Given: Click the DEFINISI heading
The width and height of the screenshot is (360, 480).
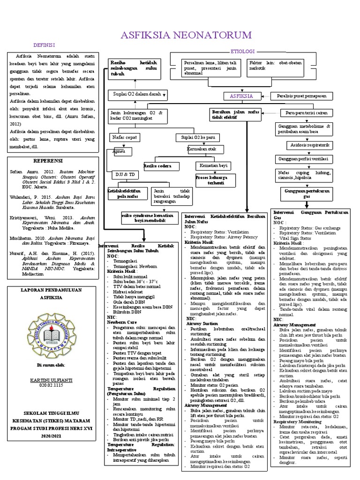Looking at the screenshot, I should click(44, 45).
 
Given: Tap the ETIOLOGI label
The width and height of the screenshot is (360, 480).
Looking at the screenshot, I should click(242, 51).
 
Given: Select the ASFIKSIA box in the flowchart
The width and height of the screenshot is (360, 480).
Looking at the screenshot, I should click(242, 96).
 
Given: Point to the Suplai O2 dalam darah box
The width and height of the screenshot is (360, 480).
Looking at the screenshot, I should click(135, 95).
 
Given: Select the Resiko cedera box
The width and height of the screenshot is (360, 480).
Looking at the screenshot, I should click(157, 166).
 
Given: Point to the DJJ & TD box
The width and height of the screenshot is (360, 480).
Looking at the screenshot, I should click(125, 174).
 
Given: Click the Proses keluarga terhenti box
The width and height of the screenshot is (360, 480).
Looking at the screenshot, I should click(212, 180).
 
